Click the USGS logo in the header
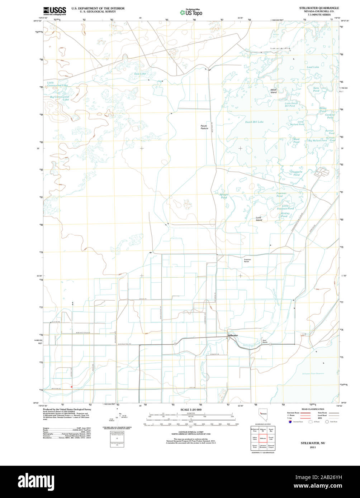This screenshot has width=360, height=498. coord(55,11)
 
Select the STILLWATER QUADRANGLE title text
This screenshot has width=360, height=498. coord(319,8)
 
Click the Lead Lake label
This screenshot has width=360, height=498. coord(313,67)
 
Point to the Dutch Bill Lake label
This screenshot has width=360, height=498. coord(254,122)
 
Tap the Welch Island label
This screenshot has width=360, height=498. coord(274,91)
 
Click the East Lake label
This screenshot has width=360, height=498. coord(140,74)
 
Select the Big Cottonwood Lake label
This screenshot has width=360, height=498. coord(60,98)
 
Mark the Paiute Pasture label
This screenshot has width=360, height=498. coord(204,127)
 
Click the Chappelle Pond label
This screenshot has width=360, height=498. coord(296,173)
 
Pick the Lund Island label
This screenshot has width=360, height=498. coord(259,219)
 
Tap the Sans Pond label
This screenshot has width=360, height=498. coord(316,89)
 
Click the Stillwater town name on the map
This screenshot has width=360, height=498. coord(232,335)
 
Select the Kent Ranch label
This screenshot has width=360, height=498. coord(265,341)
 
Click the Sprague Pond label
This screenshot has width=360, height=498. coord(224,196)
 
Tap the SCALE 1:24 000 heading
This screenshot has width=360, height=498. coord(191,410)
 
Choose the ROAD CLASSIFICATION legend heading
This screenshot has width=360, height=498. coord(313,409)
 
